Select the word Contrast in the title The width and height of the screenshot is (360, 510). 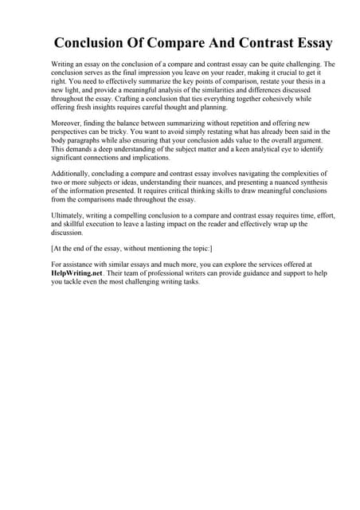tap(248, 42)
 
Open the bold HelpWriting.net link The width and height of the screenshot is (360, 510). tap(78, 273)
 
